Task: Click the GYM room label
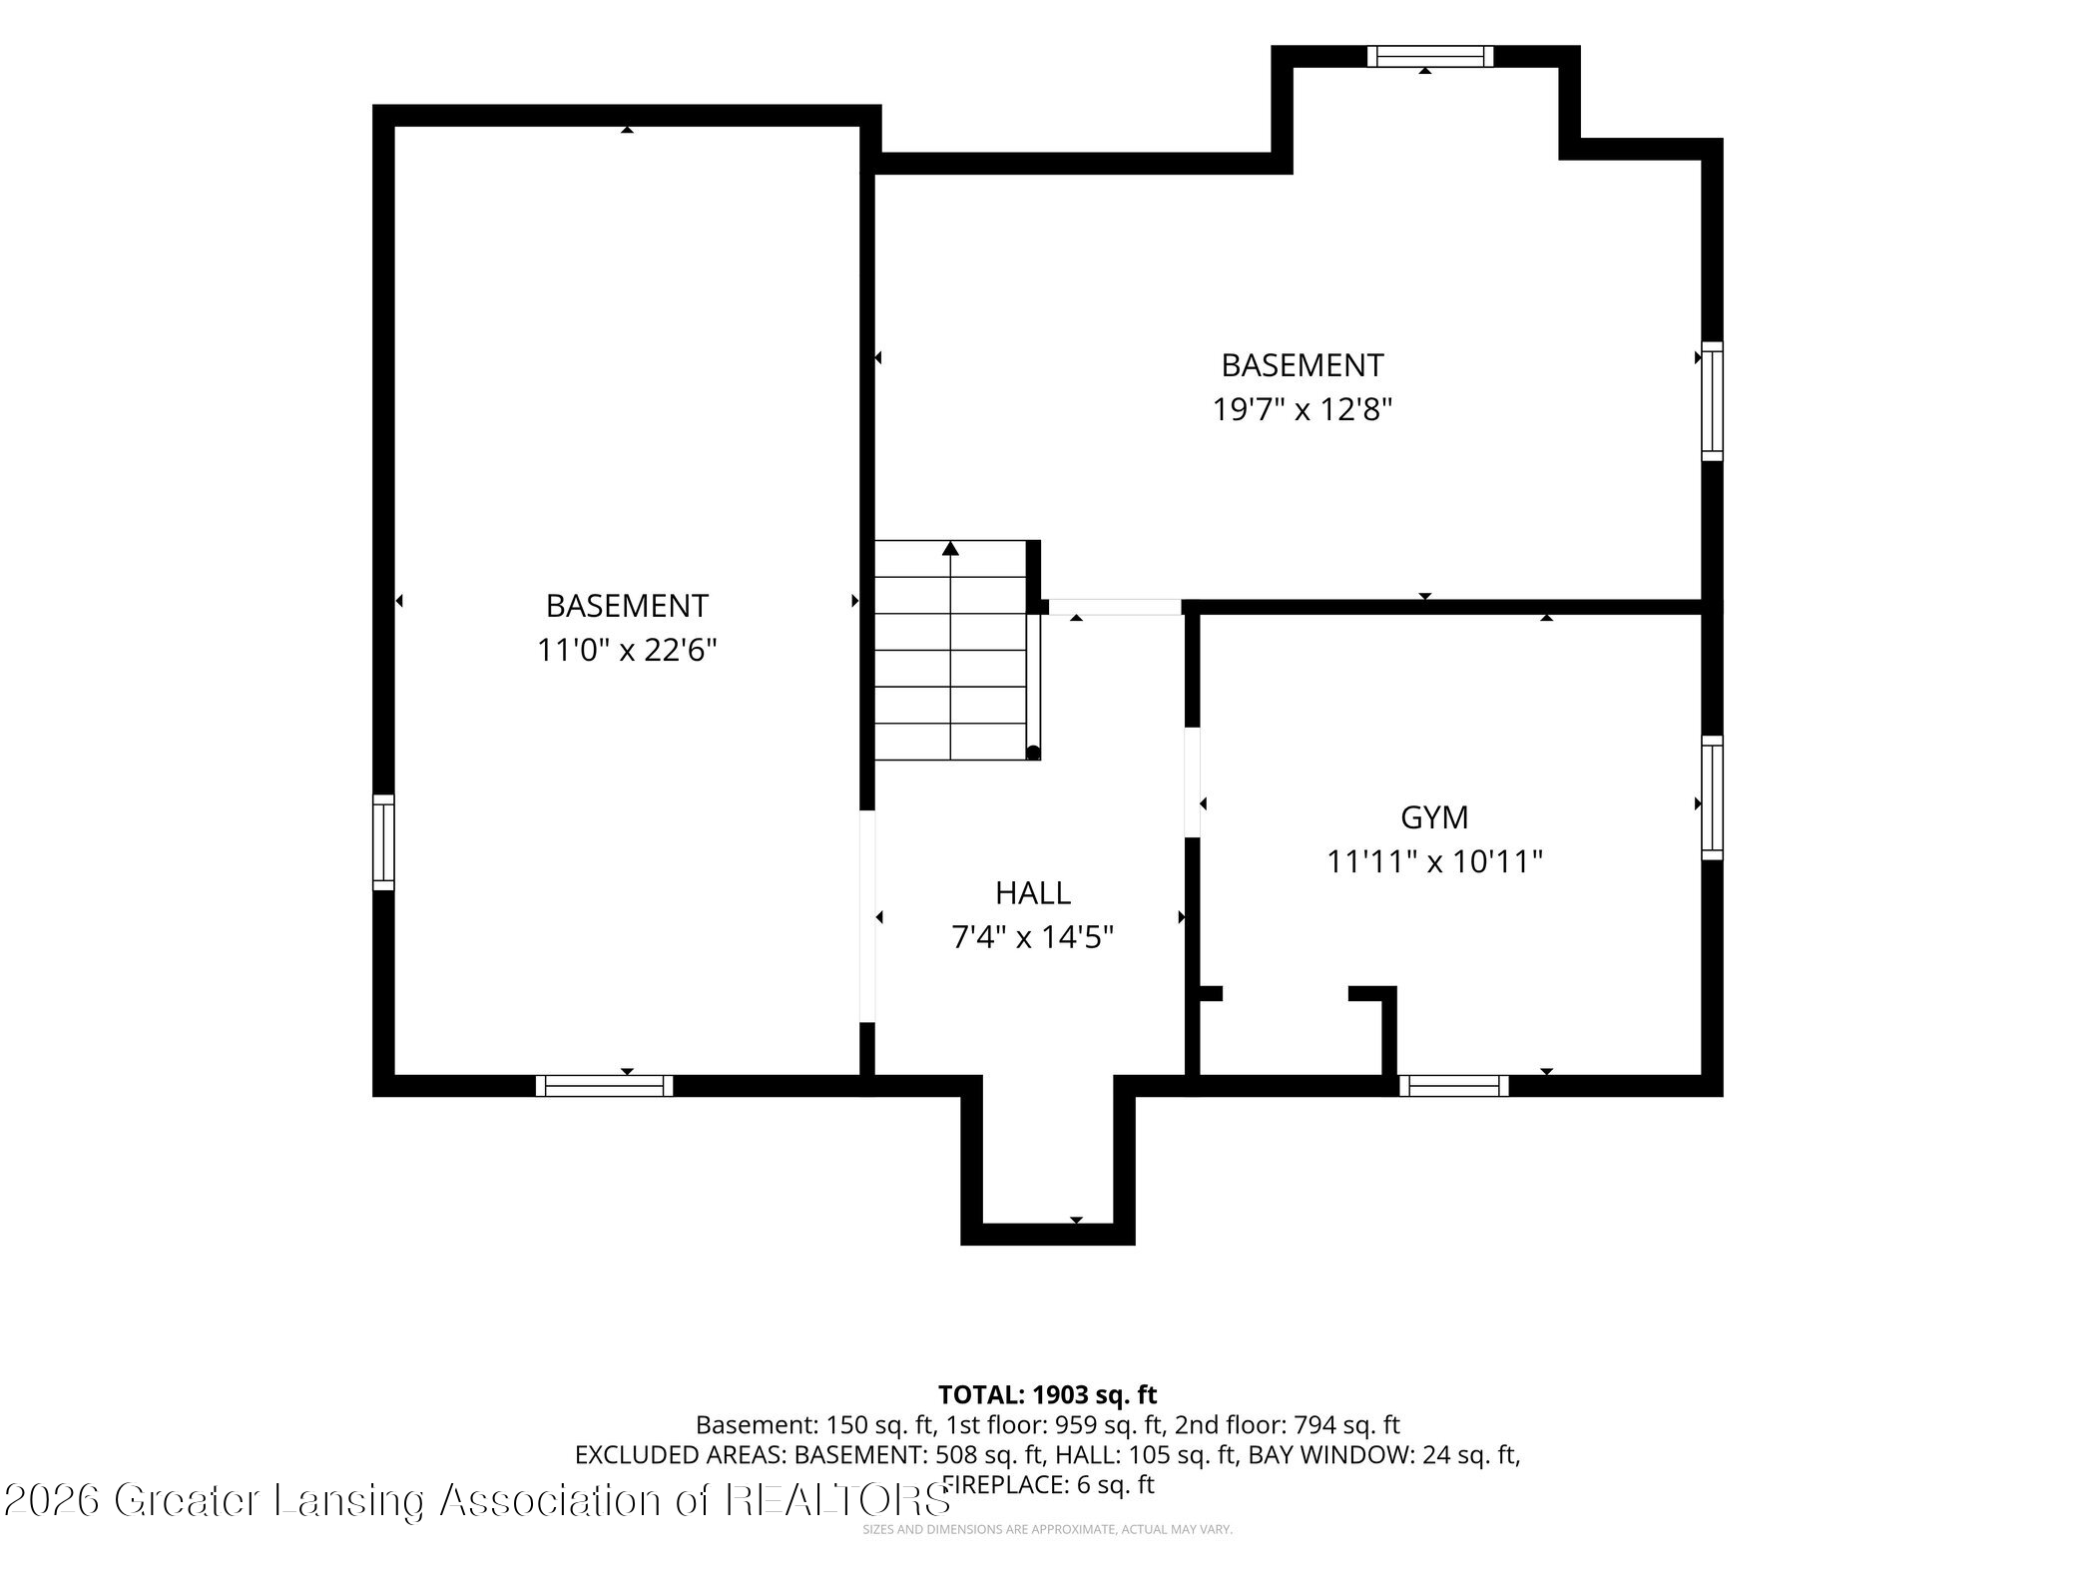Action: point(1434,817)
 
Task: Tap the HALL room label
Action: point(1033,892)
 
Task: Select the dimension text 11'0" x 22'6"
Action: point(627,651)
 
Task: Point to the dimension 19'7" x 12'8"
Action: point(1303,409)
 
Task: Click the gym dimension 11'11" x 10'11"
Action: point(1434,861)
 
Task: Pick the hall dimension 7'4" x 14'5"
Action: point(1033,937)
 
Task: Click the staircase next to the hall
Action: point(951,650)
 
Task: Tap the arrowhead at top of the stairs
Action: point(951,548)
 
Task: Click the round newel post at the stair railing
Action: point(1033,753)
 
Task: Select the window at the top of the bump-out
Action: point(1429,57)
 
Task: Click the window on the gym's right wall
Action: point(1712,797)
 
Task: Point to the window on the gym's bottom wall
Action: point(1453,1086)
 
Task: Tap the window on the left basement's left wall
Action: point(384,841)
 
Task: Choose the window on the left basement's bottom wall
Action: point(604,1086)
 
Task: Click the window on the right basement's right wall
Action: point(1712,401)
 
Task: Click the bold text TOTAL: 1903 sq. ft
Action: point(1047,1394)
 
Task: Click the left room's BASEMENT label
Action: point(627,606)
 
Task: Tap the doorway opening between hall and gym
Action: point(1192,783)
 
